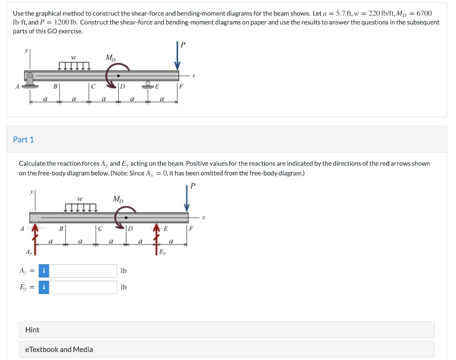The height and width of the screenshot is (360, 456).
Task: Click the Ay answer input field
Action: click(83, 271)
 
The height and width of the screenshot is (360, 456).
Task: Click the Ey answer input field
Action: click(83, 287)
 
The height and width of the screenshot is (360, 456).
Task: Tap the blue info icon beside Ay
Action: click(44, 271)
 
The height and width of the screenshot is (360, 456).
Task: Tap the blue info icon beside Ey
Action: click(44, 287)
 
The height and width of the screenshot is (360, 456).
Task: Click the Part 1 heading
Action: click(24, 139)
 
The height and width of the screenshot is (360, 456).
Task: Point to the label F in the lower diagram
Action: click(191, 229)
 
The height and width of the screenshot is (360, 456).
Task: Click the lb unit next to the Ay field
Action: click(124, 271)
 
